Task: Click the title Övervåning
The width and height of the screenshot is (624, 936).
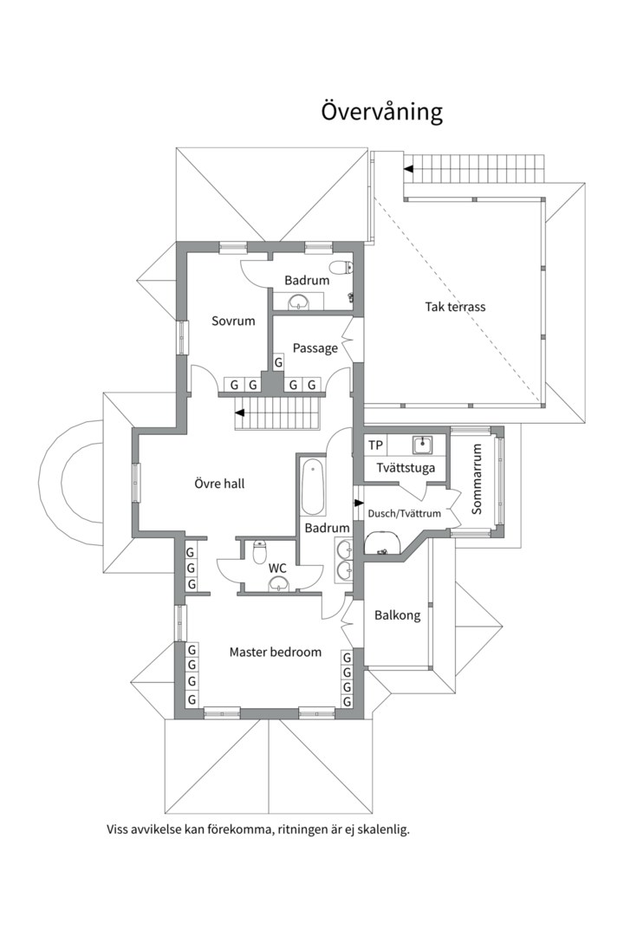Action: click(x=381, y=112)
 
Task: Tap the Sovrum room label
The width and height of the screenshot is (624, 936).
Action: click(x=233, y=321)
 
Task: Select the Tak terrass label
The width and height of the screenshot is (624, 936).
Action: click(x=455, y=307)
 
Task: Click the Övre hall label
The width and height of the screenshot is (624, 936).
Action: click(x=219, y=484)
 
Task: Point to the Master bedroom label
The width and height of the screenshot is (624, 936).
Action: click(x=276, y=652)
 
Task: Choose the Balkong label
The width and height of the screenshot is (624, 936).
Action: click(x=397, y=615)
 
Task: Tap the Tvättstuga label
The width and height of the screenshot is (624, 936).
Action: click(x=406, y=468)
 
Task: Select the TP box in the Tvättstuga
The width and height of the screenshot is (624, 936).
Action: click(x=375, y=445)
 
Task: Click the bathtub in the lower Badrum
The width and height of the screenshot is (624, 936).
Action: click(x=313, y=486)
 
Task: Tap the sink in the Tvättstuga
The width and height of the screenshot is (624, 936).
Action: click(x=423, y=444)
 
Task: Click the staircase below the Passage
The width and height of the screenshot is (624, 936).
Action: click(x=277, y=412)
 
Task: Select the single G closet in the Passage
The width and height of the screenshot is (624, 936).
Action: click(x=278, y=362)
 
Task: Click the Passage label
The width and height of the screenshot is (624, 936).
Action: click(x=315, y=348)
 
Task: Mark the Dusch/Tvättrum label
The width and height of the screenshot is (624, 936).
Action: click(x=404, y=513)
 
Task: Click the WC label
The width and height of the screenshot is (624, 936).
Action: click(x=277, y=569)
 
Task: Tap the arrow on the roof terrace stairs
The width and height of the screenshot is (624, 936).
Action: click(x=409, y=169)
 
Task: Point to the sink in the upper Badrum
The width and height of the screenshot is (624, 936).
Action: click(x=298, y=302)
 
